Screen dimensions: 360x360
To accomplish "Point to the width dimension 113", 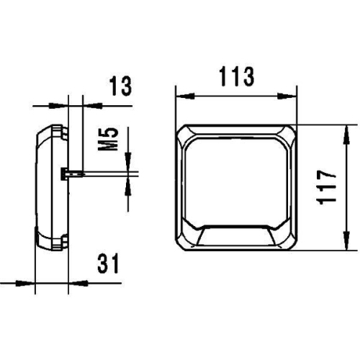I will [x=235, y=76].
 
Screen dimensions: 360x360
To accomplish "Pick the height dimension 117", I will [x=328, y=186].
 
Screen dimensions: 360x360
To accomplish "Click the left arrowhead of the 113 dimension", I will [x=180, y=94].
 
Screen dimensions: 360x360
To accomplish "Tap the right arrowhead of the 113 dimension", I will [x=291, y=94].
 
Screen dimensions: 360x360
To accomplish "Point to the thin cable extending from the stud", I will [x=108, y=173].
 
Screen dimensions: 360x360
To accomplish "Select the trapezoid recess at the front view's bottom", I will [x=235, y=237].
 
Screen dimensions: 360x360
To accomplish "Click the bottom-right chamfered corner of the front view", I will [x=288, y=240].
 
